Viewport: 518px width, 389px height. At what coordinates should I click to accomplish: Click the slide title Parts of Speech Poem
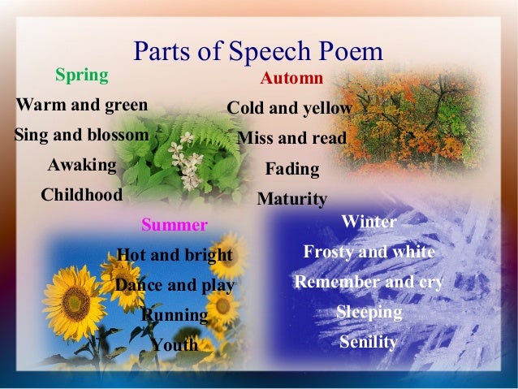click(257, 52)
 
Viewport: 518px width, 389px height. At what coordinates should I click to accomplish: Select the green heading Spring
click(81, 76)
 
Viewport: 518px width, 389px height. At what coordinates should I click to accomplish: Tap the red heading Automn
click(291, 79)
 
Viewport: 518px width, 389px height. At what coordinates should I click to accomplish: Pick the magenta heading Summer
click(175, 224)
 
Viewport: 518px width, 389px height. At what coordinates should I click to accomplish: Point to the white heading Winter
click(369, 221)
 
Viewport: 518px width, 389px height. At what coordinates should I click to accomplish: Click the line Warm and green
click(82, 105)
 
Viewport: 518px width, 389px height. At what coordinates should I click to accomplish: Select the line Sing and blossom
click(82, 135)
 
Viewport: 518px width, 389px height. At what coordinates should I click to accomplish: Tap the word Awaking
click(82, 165)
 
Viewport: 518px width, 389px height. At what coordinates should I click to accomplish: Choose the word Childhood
click(82, 195)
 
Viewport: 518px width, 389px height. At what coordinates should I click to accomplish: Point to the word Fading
click(292, 170)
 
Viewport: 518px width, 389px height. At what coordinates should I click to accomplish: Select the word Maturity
click(291, 199)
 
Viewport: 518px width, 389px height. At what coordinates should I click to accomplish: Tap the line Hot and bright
click(175, 255)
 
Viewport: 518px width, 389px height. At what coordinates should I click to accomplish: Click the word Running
click(175, 315)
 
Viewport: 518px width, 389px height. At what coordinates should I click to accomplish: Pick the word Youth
click(175, 345)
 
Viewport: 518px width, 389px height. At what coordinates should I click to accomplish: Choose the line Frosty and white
click(369, 252)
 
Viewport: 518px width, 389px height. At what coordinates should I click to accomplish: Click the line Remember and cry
click(369, 282)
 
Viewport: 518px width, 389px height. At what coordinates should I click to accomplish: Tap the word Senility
click(369, 342)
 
